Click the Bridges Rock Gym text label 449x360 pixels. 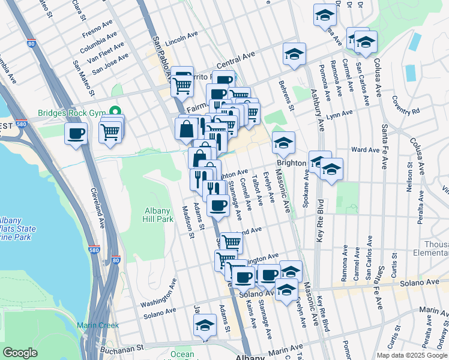coord(71,112)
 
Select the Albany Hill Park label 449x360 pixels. coord(158,215)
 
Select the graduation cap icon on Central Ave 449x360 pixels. coord(295,54)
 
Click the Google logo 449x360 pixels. coord(20,353)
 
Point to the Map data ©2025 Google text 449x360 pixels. coord(412,355)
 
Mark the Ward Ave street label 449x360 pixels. coord(363,149)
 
